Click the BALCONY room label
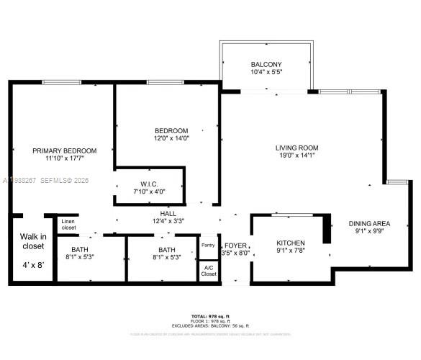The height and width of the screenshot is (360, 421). [x=266, y=64]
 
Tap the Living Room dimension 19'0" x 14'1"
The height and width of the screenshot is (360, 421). [x=296, y=156]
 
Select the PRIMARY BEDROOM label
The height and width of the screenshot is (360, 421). [x=64, y=150]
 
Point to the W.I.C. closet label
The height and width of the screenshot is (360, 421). [x=150, y=184]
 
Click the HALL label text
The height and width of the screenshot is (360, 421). [x=168, y=214]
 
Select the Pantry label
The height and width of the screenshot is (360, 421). [x=208, y=246]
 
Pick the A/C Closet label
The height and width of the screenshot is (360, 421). [x=208, y=271]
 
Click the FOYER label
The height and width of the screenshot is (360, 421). [x=236, y=245]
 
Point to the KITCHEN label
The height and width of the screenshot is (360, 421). [x=291, y=243]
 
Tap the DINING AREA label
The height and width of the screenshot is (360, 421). [x=370, y=224]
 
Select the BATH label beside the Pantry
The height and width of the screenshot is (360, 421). [x=166, y=248]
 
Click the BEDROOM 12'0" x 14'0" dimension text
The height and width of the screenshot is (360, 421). [x=171, y=138]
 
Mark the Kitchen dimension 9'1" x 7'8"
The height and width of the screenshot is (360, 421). [x=291, y=251]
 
